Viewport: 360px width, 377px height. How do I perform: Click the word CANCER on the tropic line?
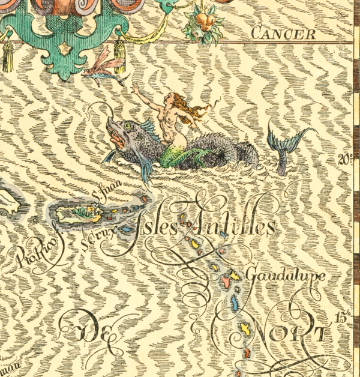click(283, 34)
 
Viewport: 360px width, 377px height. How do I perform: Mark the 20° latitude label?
click(344, 160)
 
